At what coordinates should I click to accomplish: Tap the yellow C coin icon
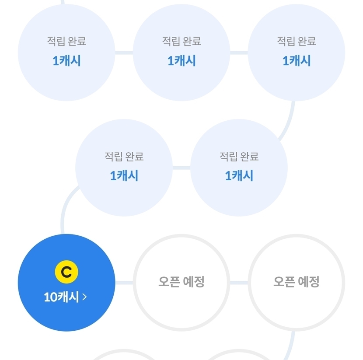click(66, 272)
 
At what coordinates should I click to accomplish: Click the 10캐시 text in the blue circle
click(61, 297)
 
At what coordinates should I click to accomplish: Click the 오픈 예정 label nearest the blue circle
click(181, 282)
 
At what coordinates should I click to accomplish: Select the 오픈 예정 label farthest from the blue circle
click(297, 282)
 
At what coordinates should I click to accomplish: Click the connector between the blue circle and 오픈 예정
click(124, 283)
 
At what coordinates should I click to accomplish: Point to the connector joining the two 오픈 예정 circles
click(239, 283)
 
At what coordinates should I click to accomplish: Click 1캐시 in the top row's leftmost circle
click(66, 61)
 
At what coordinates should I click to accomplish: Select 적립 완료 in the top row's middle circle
click(181, 42)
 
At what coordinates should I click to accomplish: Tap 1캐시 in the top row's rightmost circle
click(297, 61)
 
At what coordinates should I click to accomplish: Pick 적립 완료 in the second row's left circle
click(124, 157)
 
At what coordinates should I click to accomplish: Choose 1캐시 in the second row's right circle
click(239, 176)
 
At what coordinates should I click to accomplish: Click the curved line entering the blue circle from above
click(64, 208)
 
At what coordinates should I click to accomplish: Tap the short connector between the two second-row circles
click(181, 168)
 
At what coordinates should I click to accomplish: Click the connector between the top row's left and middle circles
click(124, 53)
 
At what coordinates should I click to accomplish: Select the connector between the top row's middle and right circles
click(239, 53)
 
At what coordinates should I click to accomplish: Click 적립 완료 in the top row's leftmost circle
click(66, 42)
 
